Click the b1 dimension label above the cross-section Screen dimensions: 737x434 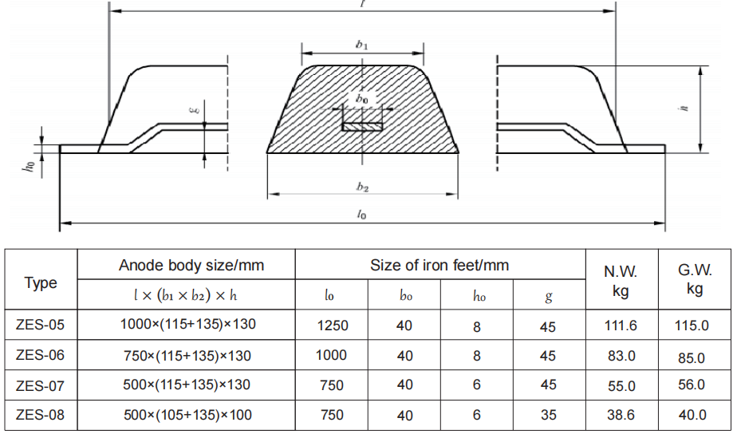[x=362, y=45]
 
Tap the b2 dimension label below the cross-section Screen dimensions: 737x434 [x=362, y=187]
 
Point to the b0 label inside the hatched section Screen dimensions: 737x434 [x=362, y=99]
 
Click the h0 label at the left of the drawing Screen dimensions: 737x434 [x=30, y=166]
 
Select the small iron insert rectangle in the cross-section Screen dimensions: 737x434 [x=362, y=127]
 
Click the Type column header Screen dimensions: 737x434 [x=41, y=282]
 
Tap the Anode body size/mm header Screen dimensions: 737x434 [x=191, y=265]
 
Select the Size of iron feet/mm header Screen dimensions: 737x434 [x=439, y=265]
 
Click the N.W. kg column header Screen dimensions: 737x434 [x=621, y=281]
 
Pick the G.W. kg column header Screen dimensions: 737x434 [x=695, y=279]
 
